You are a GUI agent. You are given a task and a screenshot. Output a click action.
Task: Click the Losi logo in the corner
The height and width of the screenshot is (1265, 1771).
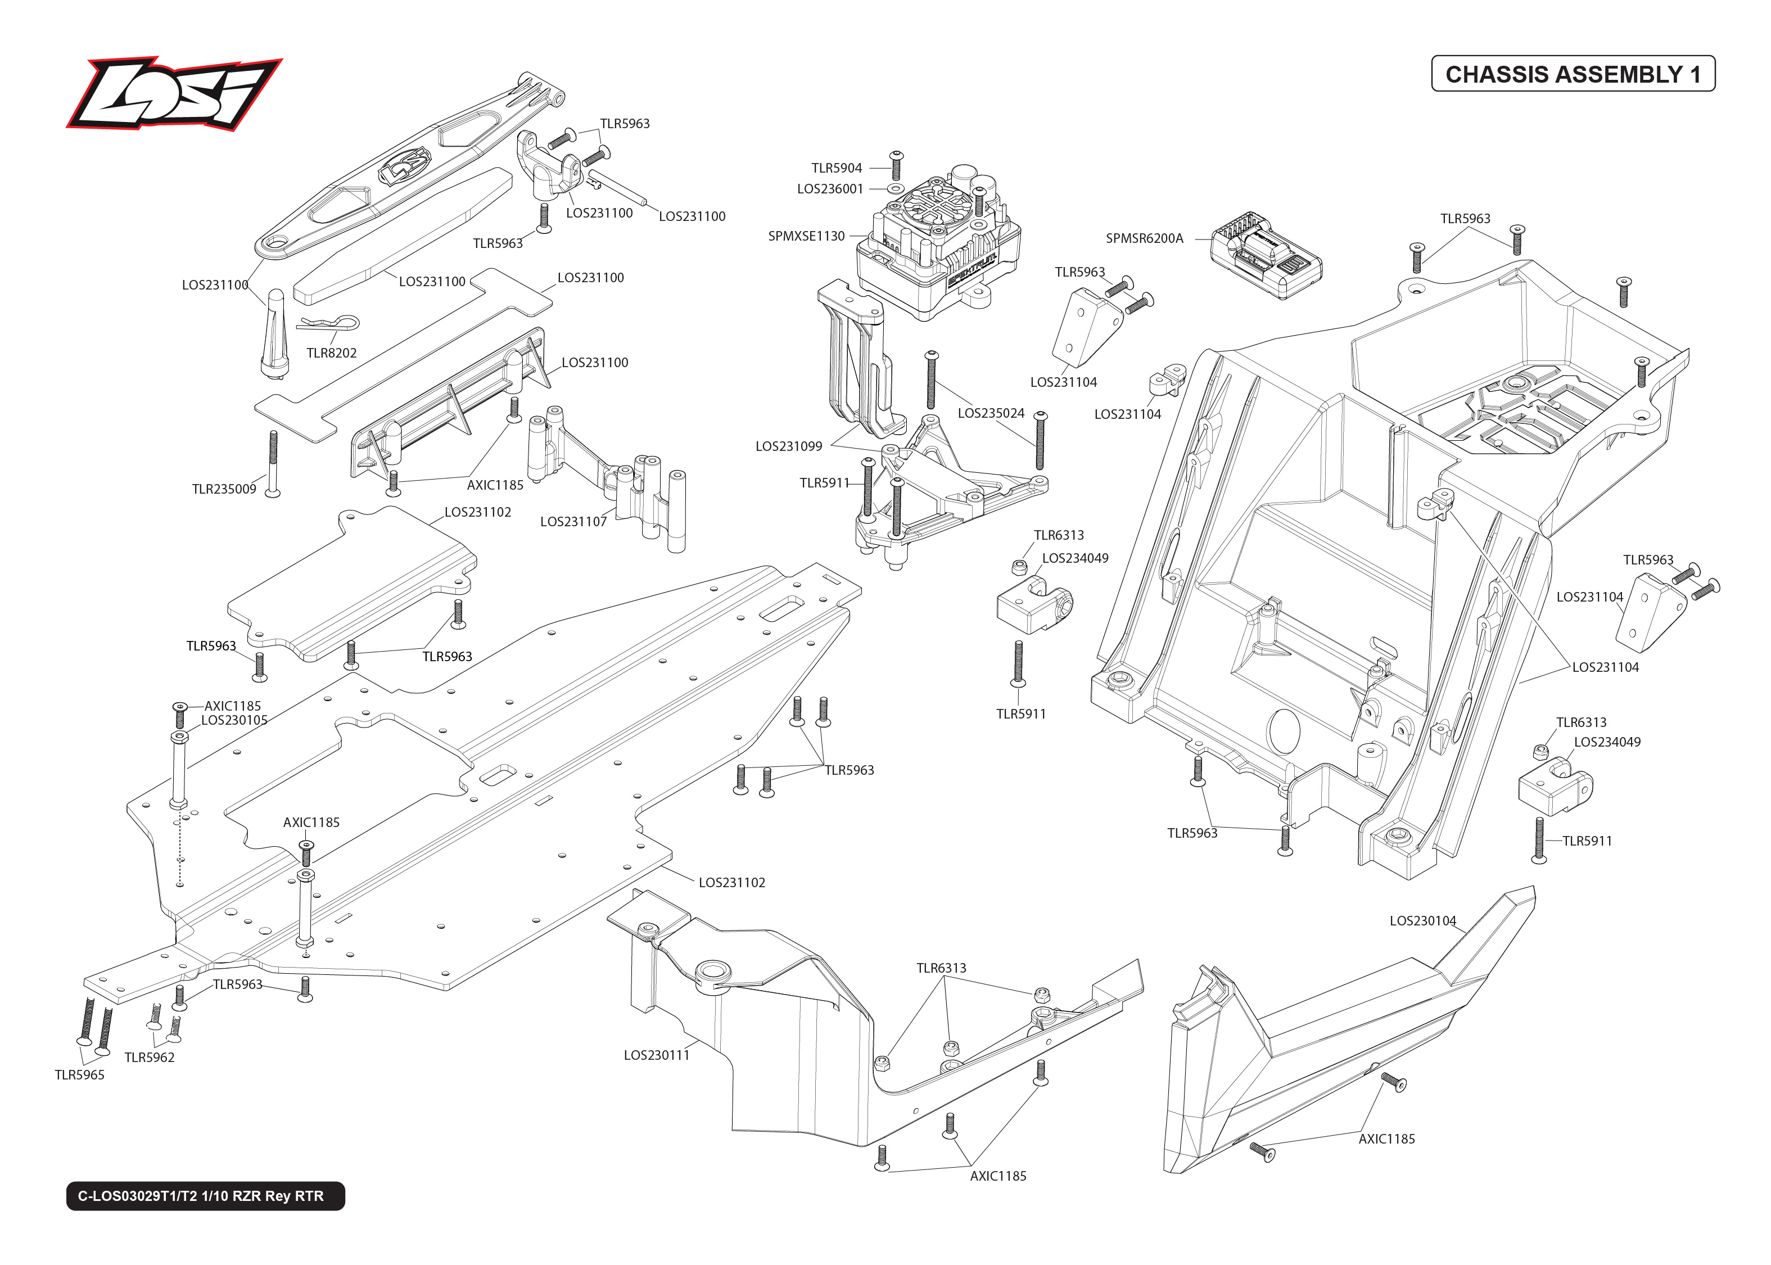[x=173, y=93]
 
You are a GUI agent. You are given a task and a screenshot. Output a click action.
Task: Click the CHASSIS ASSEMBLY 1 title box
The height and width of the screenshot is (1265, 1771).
[x=1573, y=74]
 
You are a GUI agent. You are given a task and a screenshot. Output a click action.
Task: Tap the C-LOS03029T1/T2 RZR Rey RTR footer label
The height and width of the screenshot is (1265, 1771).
[x=205, y=1196]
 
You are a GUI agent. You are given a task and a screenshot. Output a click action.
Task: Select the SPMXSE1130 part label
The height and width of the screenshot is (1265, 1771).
[x=806, y=236]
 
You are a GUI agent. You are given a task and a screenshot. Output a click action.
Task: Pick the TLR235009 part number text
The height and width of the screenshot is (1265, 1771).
[x=224, y=489]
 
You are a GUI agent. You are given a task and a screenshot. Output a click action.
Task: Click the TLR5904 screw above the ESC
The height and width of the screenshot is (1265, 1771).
[x=896, y=166]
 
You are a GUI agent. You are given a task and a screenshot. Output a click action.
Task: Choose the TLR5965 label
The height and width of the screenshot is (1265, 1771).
[x=79, y=1075]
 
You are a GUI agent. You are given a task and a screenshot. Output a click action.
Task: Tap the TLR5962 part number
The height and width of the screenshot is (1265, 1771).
[x=150, y=1058]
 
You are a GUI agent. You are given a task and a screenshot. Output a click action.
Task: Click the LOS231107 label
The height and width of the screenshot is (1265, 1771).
[x=573, y=522]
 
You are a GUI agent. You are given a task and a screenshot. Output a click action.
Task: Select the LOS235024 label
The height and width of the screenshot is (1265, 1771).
[x=991, y=414]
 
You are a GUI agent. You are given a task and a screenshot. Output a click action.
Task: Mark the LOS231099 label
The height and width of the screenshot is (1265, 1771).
[x=788, y=446]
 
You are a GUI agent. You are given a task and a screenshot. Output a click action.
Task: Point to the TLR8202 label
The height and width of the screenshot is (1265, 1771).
[x=331, y=353]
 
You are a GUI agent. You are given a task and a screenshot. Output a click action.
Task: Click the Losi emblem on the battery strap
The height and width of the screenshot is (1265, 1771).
[x=403, y=165]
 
